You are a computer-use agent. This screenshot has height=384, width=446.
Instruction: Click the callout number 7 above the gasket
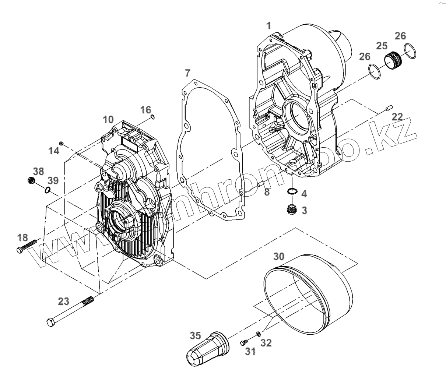pyautogui.click(x=188, y=73)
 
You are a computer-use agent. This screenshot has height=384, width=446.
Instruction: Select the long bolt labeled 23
pyautogui.click(x=70, y=310)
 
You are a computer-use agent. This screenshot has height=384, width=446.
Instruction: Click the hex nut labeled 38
pyautogui.click(x=31, y=180)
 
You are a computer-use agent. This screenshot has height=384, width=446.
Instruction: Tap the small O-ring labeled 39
pyautogui.click(x=48, y=190)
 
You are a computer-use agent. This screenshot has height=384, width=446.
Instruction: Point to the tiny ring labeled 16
pyautogui.click(x=152, y=117)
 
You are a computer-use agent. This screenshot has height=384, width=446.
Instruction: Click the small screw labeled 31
pyautogui.click(x=243, y=343)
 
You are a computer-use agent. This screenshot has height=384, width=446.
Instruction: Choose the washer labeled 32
pyautogui.click(x=259, y=334)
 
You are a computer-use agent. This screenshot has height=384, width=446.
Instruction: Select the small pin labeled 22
pyautogui.click(x=387, y=108)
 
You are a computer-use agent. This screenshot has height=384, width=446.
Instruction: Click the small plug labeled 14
pyautogui.click(x=62, y=143)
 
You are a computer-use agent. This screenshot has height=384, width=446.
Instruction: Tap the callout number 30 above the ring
pyautogui.click(x=279, y=256)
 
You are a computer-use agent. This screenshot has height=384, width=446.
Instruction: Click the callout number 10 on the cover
pyautogui.click(x=108, y=119)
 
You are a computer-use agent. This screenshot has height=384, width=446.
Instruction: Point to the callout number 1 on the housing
pyautogui.click(x=269, y=25)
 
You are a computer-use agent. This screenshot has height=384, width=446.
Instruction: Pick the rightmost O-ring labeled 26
pyautogui.click(x=410, y=50)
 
